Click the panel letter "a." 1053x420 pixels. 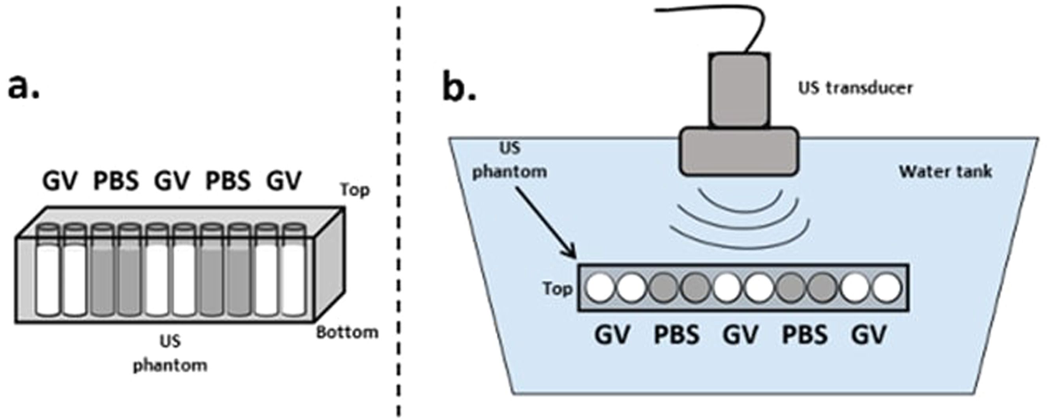click(24, 87)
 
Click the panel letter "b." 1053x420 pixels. click(460, 87)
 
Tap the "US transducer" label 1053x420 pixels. click(855, 88)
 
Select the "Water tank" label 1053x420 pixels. click(945, 172)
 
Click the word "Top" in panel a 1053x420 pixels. click(355, 190)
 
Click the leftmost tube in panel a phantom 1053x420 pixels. click(47, 271)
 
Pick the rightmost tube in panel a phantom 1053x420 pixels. click(293, 271)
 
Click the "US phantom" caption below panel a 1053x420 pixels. click(170, 353)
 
